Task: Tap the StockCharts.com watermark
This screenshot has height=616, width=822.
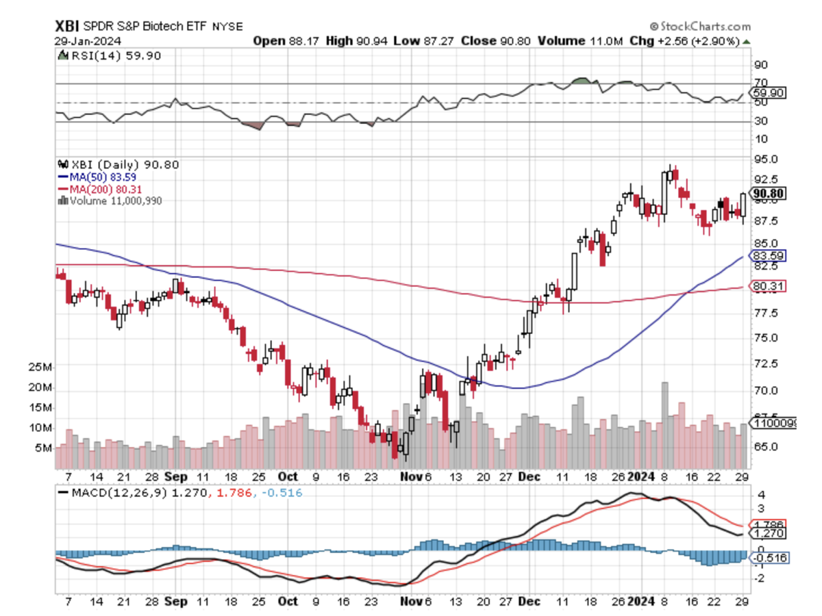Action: pyautogui.click(x=700, y=26)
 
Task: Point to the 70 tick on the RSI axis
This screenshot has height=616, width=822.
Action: pyautogui.click(x=760, y=84)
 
